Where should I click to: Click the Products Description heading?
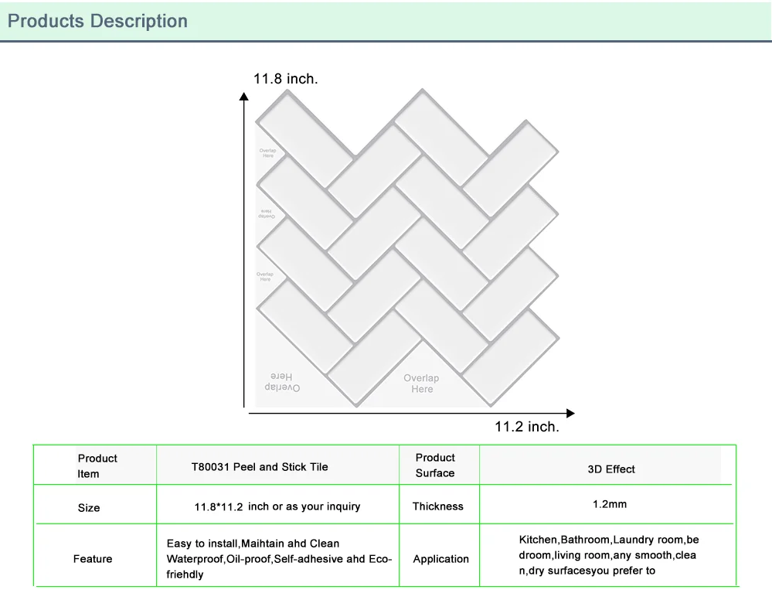tap(97, 21)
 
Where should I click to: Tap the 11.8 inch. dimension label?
tap(285, 79)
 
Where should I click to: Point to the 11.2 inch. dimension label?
tap(527, 426)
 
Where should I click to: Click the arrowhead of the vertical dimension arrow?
tap(244, 97)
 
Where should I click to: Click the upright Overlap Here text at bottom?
tap(421, 384)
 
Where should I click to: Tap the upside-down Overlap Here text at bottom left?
tap(282, 382)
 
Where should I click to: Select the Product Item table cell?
tap(97, 465)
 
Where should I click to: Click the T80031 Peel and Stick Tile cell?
tap(260, 467)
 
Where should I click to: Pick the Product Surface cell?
tap(435, 465)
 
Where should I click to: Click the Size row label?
tap(89, 508)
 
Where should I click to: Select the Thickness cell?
tap(438, 506)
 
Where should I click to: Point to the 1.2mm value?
tap(610, 504)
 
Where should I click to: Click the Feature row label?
tap(93, 558)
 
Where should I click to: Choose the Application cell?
tap(440, 558)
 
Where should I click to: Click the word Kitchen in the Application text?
tap(538, 540)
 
